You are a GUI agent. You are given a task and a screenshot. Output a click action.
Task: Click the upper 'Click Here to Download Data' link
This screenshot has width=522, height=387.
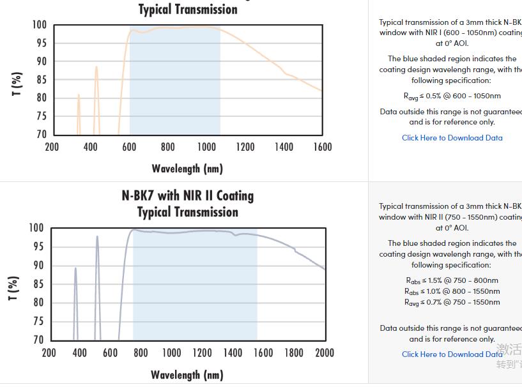pyautogui.click(x=452, y=138)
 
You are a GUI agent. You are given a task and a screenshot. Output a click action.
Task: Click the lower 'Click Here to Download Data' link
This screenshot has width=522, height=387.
pyautogui.click(x=452, y=354)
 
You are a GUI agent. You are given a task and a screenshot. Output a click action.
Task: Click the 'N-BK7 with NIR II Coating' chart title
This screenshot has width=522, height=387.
pyautogui.click(x=187, y=196)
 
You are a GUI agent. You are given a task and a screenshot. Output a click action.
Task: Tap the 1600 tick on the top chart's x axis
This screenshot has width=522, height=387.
pyautogui.click(x=323, y=148)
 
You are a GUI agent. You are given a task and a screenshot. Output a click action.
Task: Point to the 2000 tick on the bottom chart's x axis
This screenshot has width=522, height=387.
pyautogui.click(x=325, y=353)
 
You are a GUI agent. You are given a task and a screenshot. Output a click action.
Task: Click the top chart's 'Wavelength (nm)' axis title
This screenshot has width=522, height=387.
pyautogui.click(x=187, y=169)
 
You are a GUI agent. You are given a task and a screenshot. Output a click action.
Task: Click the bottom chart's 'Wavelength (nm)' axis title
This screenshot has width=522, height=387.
pyautogui.click(x=187, y=375)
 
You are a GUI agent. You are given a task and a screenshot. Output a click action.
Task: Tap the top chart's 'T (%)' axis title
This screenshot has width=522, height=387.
pyautogui.click(x=17, y=84)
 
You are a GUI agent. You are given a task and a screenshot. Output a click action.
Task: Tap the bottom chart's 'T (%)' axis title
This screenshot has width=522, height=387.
pyautogui.click(x=14, y=289)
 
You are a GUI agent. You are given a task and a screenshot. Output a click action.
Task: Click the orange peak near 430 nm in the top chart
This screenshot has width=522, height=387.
pyautogui.click(x=96, y=68)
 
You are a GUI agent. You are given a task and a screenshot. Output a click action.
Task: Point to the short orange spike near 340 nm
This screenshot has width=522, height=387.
pyautogui.click(x=79, y=96)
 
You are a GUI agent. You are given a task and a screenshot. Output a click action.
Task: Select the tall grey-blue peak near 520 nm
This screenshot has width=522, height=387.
pyautogui.click(x=97, y=238)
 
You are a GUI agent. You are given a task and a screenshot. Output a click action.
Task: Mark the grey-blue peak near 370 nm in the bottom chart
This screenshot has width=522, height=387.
pyautogui.click(x=75, y=269)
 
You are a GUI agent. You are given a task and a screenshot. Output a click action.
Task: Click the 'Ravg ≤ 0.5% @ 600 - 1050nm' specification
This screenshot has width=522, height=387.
pyautogui.click(x=452, y=96)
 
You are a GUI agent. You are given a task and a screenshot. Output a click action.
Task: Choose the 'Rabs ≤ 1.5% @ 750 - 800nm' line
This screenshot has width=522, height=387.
pyautogui.click(x=452, y=280)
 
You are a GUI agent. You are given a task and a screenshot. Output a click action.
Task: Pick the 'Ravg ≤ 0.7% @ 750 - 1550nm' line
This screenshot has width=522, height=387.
pyautogui.click(x=452, y=302)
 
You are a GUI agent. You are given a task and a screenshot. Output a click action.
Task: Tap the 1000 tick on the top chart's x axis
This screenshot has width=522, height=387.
pyautogui.click(x=206, y=148)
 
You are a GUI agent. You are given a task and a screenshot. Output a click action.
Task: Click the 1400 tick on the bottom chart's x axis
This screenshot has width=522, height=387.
pyautogui.click(x=233, y=353)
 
